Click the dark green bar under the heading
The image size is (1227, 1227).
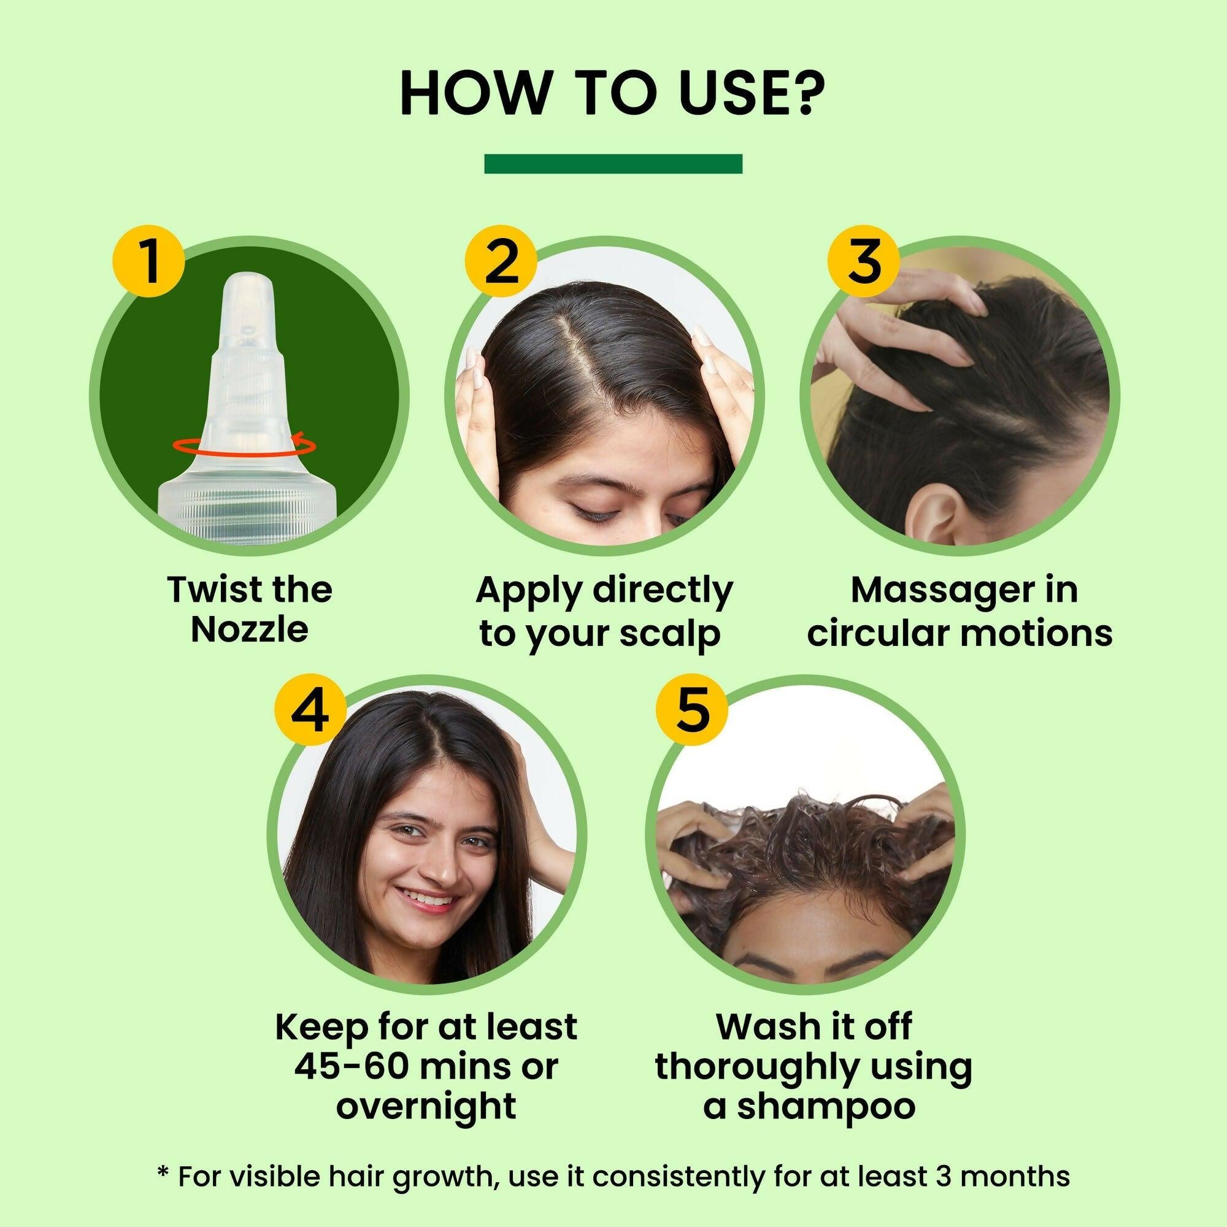point(613,163)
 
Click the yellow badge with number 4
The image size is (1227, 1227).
point(310,710)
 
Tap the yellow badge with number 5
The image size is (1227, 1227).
point(691,710)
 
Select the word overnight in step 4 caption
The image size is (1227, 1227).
point(426,1106)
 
